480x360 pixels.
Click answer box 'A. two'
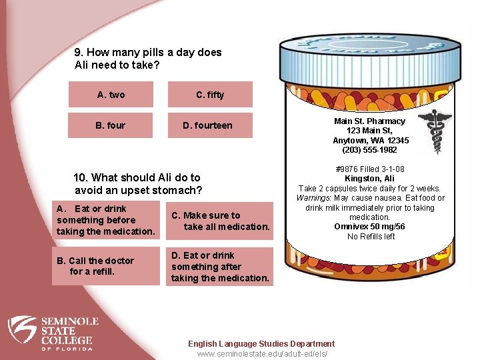click(111, 95)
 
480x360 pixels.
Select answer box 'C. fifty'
click(210, 95)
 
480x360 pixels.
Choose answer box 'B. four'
click(111, 125)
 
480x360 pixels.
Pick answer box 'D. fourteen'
click(210, 125)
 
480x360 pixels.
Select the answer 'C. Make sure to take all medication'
click(220, 221)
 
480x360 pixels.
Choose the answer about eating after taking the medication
click(220, 267)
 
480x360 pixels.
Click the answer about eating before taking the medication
click(105, 220)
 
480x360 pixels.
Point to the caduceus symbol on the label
click(434, 132)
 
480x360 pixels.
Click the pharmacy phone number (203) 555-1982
click(371, 150)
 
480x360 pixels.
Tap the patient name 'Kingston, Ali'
click(369, 179)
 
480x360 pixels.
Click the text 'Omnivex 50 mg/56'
click(369, 227)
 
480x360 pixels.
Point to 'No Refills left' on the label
click(371, 236)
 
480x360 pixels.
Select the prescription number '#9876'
click(346, 169)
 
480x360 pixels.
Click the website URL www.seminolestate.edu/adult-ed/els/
click(262, 354)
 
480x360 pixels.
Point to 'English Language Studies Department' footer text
click(261, 344)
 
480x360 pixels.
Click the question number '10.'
click(81, 177)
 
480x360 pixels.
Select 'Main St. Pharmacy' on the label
click(369, 121)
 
